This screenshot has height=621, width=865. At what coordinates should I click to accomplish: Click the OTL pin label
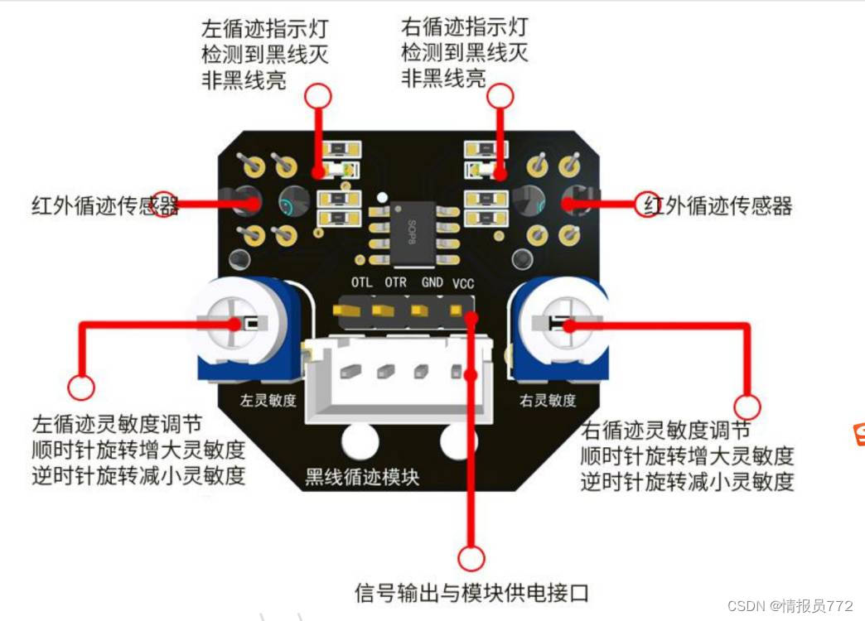[361, 282]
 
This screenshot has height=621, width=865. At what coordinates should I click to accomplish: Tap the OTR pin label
[395, 282]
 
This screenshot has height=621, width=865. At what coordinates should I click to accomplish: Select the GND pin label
[431, 282]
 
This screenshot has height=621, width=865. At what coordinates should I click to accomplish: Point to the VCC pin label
[463, 282]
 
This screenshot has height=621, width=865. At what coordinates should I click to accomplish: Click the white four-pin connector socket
[397, 376]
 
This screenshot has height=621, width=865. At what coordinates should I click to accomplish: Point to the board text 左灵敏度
[268, 401]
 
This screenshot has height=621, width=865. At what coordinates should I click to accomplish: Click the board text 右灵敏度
[548, 401]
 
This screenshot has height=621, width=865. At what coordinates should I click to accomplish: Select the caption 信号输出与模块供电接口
[471, 593]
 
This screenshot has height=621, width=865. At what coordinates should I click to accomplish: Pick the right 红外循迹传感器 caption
[718, 205]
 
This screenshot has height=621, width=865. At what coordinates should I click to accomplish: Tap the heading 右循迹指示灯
[464, 27]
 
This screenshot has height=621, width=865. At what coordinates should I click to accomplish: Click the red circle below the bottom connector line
[471, 559]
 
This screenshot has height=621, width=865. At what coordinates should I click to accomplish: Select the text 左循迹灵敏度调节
[118, 424]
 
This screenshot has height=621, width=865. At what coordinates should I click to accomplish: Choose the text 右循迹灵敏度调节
[667, 431]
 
